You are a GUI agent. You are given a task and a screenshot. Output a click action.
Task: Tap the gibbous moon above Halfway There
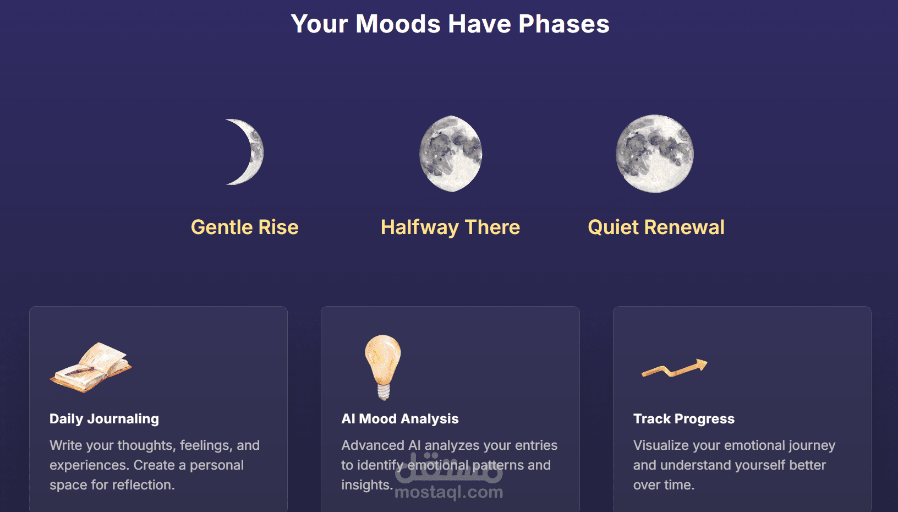coord(451,154)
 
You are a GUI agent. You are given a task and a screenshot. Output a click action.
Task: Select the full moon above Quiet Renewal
coord(655,154)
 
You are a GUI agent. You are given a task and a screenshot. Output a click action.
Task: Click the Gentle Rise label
coord(244,227)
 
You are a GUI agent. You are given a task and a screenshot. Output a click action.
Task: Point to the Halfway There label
coord(450,227)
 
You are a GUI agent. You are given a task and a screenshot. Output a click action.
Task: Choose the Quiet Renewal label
coord(656,227)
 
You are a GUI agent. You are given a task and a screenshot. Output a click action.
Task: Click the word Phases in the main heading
coord(563,24)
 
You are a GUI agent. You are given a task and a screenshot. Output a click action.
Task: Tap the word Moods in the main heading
coord(398,24)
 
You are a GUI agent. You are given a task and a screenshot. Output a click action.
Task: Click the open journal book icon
coord(91,367)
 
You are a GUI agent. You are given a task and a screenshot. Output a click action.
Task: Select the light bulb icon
coord(383,367)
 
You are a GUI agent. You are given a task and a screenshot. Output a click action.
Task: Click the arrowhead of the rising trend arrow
coord(701,365)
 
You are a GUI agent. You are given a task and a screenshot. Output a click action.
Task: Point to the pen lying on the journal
coord(80,371)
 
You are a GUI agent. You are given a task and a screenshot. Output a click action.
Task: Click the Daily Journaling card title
coord(104,419)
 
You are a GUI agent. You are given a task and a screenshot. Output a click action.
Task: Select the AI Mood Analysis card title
coord(399,419)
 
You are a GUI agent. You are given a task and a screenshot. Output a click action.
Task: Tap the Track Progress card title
coord(684,419)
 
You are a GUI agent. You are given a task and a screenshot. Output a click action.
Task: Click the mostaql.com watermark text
coord(449,492)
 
